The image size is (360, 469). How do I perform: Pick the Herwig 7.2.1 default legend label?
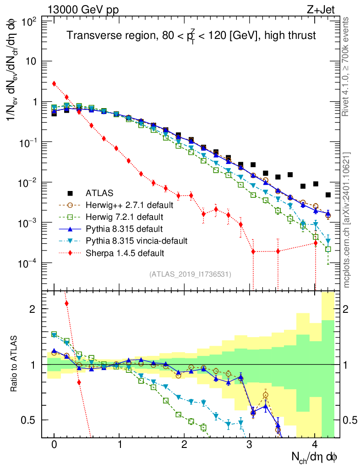pyautogui.click(x=122, y=217)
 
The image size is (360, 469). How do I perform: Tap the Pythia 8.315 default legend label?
pyautogui.click(x=121, y=229)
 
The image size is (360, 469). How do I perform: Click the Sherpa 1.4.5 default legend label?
pyautogui.click(x=122, y=252)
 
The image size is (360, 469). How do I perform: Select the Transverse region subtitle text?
pyautogui.click(x=191, y=35)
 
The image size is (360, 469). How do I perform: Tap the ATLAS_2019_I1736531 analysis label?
pyautogui.click(x=190, y=274)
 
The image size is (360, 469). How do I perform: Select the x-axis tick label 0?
pyautogui.click(x=54, y=445)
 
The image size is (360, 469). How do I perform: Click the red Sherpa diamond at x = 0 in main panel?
pyautogui.click(x=54, y=84)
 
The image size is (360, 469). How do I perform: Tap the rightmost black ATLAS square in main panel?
pyautogui.click(x=328, y=195)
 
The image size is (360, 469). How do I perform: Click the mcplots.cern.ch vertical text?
pyautogui.click(x=347, y=220)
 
